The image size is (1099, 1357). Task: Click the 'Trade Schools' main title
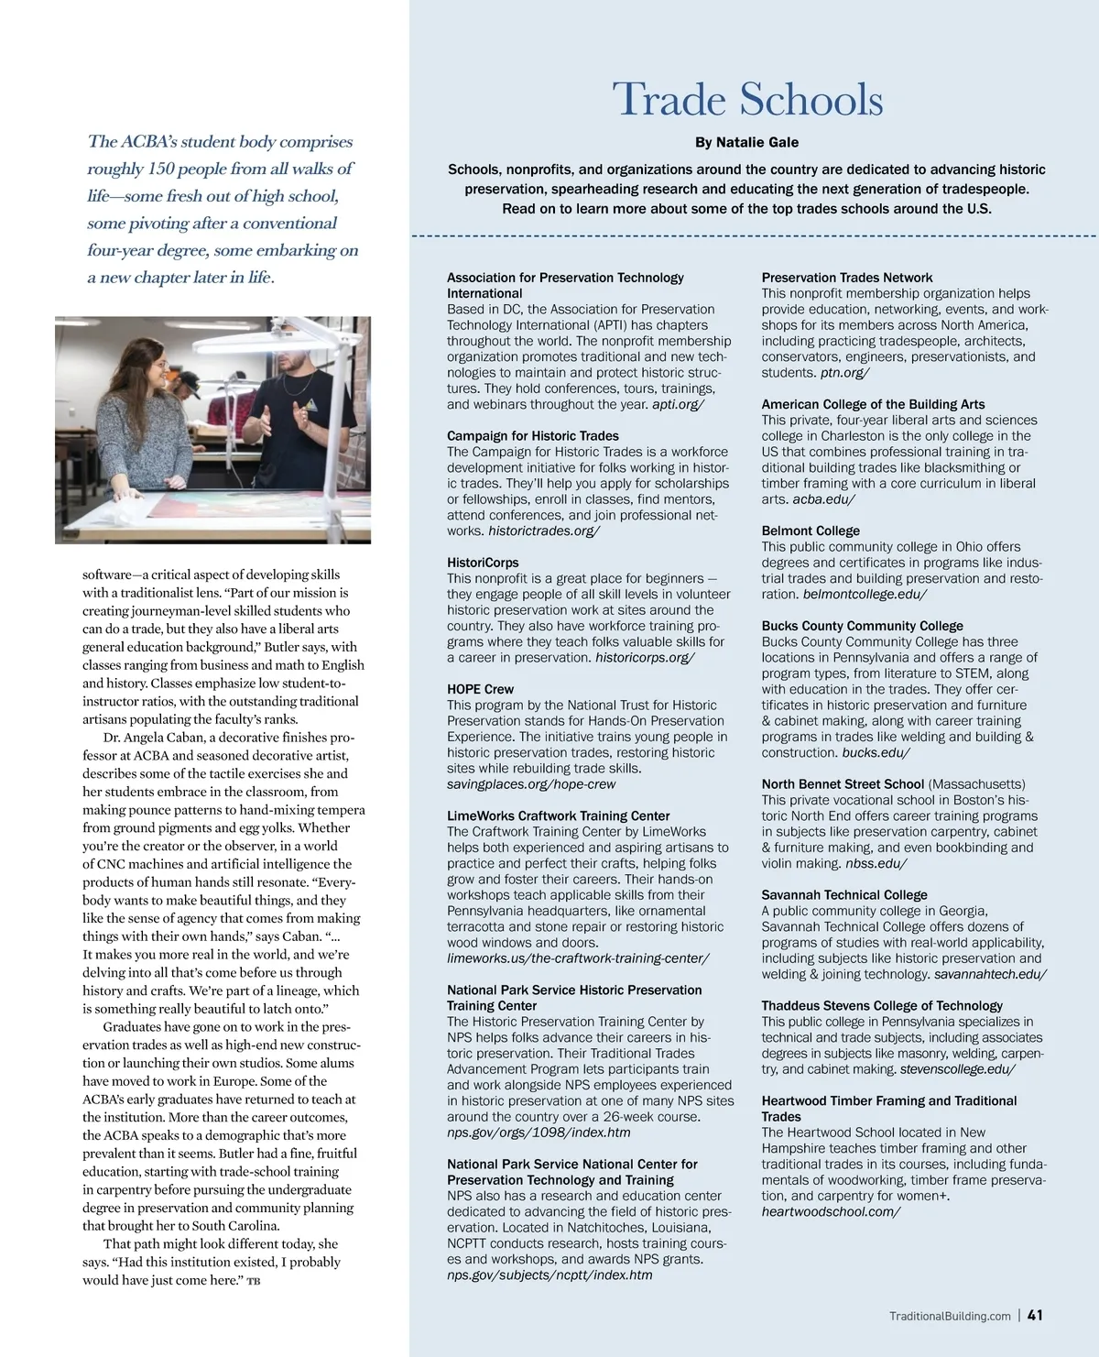tap(746, 99)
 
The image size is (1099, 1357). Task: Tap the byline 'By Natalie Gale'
tap(746, 142)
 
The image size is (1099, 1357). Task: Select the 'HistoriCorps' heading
tap(483, 563)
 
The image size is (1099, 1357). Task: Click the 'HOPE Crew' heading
tap(480, 689)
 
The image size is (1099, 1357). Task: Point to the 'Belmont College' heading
tap(811, 531)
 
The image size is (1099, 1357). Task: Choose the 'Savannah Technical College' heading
tap(844, 894)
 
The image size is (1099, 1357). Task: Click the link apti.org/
tap(678, 404)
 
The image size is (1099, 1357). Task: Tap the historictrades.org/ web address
tap(544, 531)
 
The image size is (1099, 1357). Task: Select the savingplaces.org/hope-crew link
tap(531, 784)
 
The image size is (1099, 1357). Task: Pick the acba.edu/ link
tap(823, 499)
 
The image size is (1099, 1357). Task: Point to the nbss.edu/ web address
tap(876, 863)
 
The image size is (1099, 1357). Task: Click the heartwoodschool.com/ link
tap(831, 1211)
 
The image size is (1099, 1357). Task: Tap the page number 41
tap(1035, 1315)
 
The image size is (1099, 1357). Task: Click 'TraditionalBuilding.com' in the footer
tap(950, 1316)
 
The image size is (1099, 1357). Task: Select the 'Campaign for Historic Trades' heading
tap(532, 436)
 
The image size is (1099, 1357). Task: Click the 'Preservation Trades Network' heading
tap(847, 278)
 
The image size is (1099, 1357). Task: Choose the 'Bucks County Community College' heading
tap(862, 626)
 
